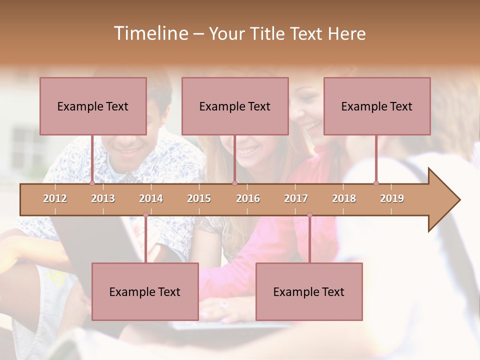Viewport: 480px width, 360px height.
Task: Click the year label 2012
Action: pyautogui.click(x=55, y=198)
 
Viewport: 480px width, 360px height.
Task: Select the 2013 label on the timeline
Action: pyautogui.click(x=103, y=198)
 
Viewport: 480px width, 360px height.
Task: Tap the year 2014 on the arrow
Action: pyautogui.click(x=151, y=198)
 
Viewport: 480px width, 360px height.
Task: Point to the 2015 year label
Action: pyautogui.click(x=199, y=198)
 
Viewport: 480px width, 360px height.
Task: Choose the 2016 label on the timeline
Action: pyautogui.click(x=248, y=198)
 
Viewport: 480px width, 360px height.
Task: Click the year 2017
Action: pyautogui.click(x=296, y=198)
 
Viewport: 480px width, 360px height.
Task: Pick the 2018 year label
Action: pyautogui.click(x=344, y=198)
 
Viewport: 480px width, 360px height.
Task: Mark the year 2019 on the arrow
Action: pyautogui.click(x=392, y=198)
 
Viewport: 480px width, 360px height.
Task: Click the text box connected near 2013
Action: pyautogui.click(x=93, y=106)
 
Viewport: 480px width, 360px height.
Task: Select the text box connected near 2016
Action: pyautogui.click(x=235, y=106)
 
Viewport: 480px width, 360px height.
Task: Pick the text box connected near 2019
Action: pyautogui.click(x=377, y=106)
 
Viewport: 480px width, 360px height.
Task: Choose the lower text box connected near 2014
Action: pyautogui.click(x=145, y=291)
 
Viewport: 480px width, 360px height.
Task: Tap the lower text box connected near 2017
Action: pyautogui.click(x=309, y=291)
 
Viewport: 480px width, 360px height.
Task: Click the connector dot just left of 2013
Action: pyautogui.click(x=92, y=183)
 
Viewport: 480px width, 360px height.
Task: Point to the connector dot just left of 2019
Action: pyautogui.click(x=376, y=183)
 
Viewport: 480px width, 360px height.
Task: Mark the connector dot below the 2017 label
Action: pyautogui.click(x=309, y=215)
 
